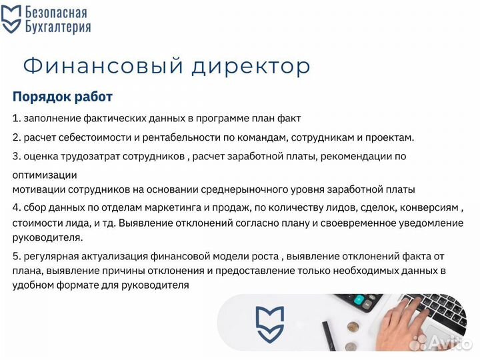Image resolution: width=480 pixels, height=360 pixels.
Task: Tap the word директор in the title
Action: click(252, 66)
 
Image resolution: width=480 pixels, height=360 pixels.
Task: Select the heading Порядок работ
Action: click(63, 97)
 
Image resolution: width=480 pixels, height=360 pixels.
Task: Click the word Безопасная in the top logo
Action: click(56, 12)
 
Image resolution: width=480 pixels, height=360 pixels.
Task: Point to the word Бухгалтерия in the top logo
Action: click(57, 27)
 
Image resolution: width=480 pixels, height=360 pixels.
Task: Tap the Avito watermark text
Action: click(453, 343)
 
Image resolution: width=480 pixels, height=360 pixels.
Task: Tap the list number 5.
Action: click(16, 256)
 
